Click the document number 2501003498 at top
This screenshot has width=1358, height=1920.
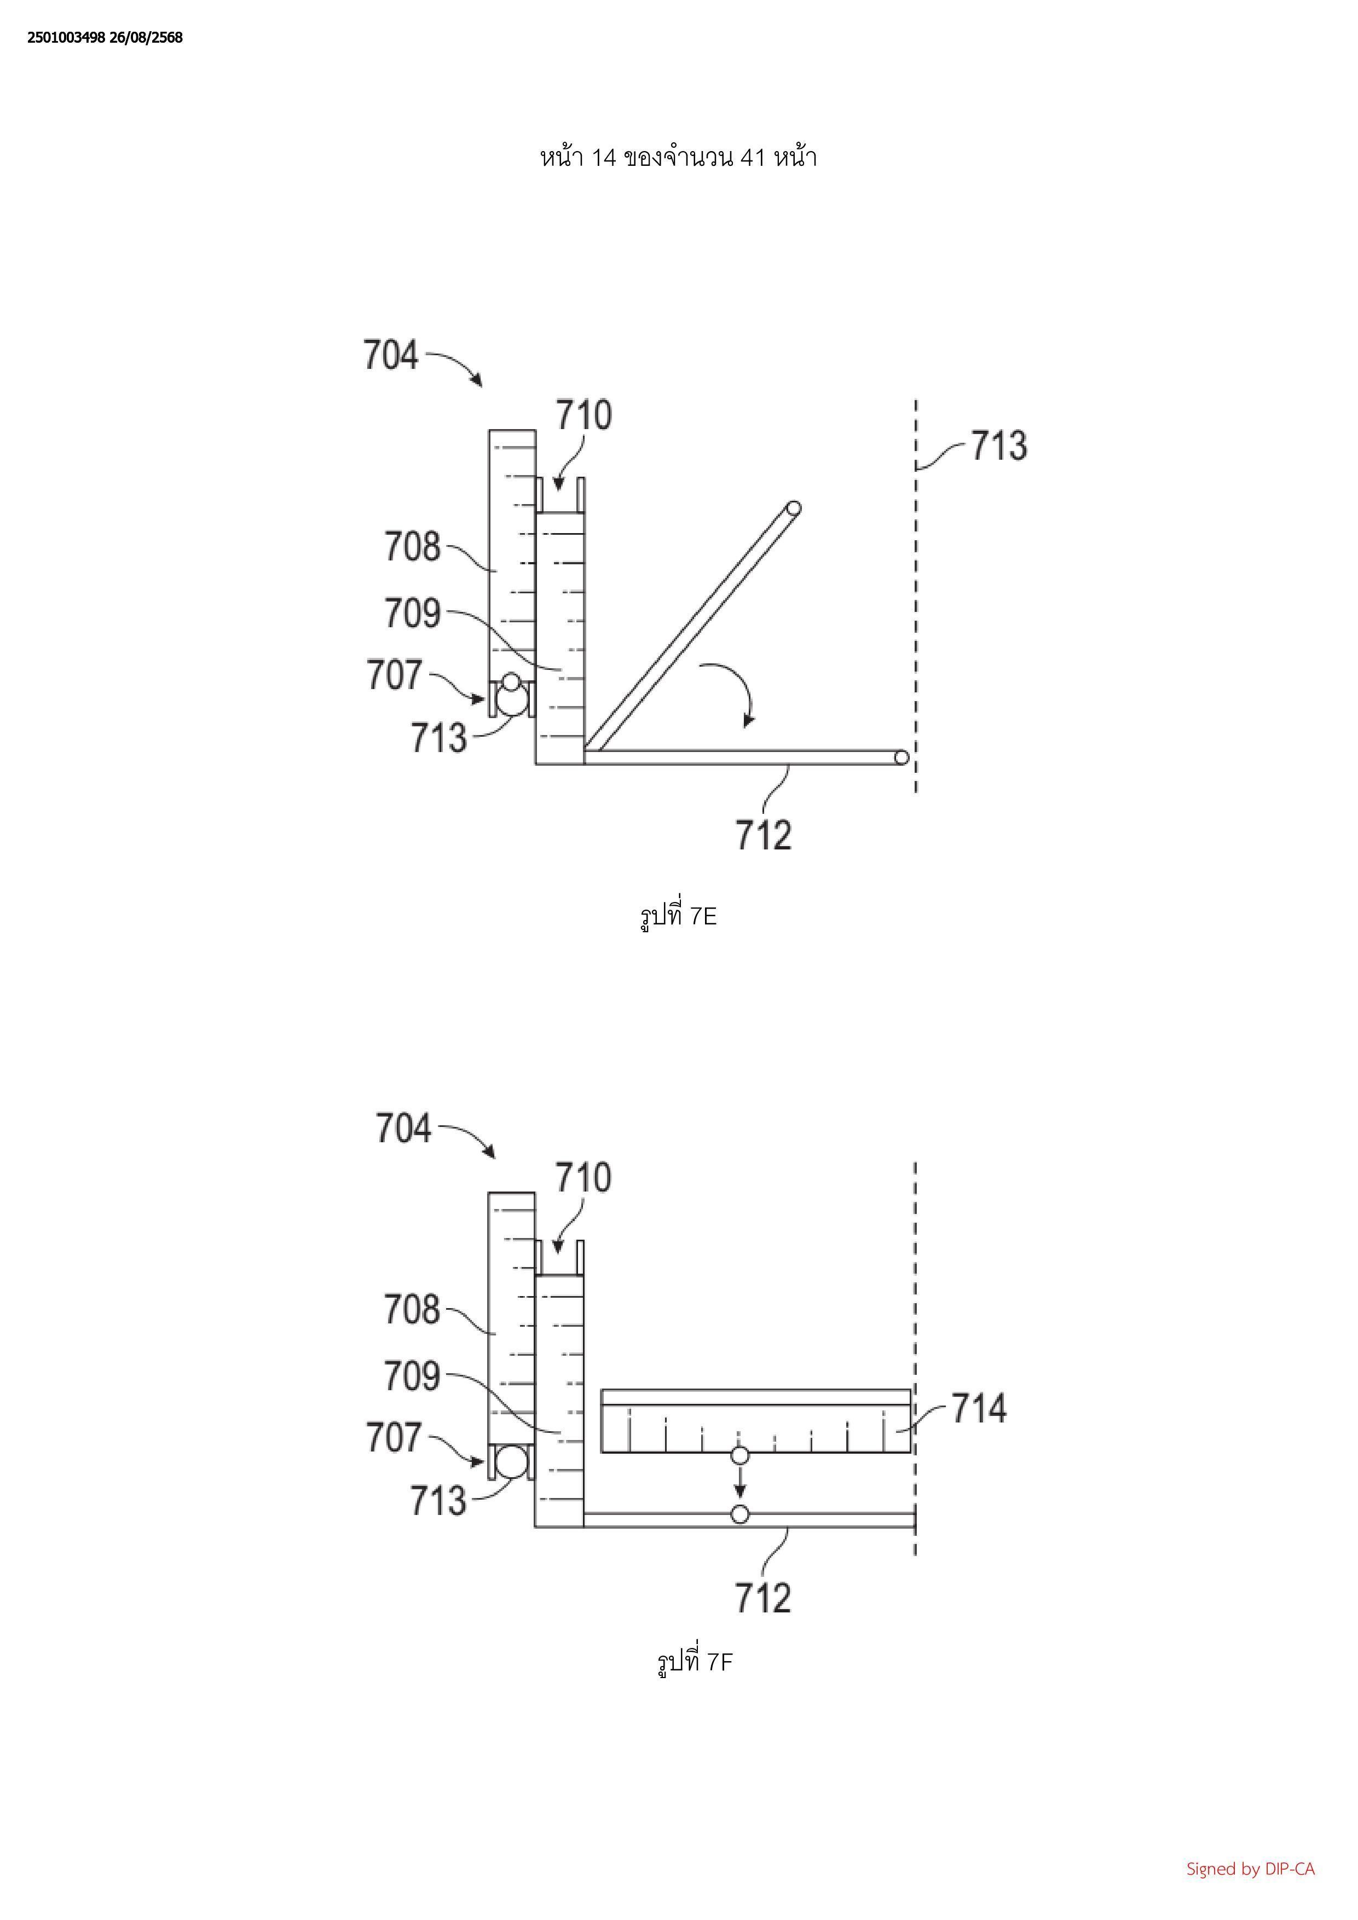click(x=66, y=38)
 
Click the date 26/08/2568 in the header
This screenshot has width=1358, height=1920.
click(x=146, y=38)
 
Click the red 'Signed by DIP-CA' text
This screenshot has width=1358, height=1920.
click(x=1250, y=1868)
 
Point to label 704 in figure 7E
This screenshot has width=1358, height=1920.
click(x=390, y=355)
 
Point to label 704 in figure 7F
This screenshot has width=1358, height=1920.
click(x=403, y=1128)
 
